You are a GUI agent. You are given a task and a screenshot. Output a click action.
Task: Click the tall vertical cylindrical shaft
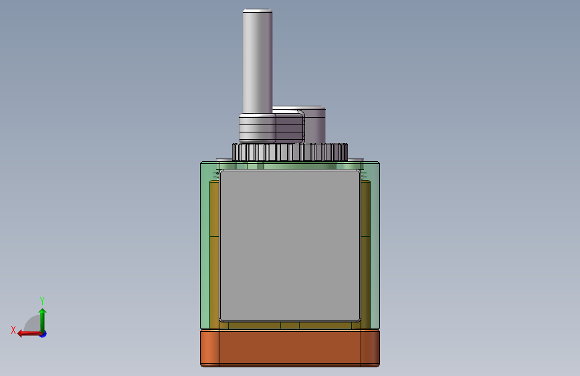258,61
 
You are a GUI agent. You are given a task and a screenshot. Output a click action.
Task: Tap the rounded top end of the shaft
258,11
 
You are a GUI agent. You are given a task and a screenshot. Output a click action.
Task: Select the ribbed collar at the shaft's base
257,128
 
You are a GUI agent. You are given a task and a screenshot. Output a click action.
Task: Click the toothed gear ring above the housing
290,152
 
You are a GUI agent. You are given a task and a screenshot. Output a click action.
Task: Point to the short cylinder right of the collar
315,125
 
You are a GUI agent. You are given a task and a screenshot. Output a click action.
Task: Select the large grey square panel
290,246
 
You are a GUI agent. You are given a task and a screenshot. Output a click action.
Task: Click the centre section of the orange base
290,349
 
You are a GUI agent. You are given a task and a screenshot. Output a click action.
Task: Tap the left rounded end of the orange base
210,349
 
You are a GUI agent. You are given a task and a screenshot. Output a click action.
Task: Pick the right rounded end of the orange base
370,349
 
